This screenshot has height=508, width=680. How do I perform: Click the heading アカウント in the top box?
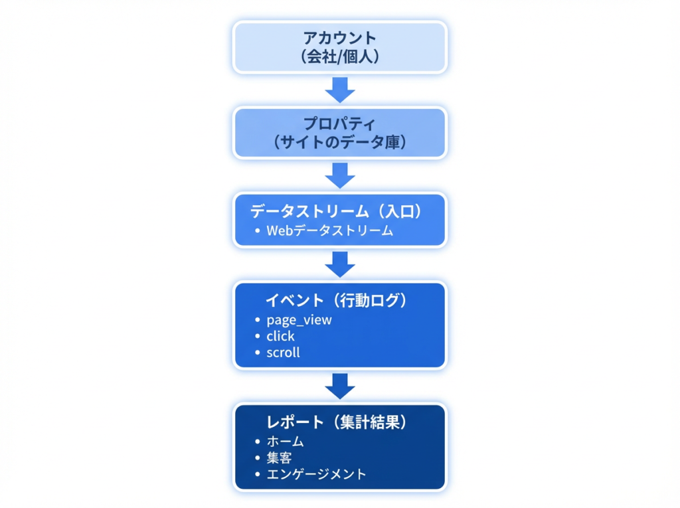pyautogui.click(x=339, y=39)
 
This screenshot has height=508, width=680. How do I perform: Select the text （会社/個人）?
pyautogui.click(x=339, y=57)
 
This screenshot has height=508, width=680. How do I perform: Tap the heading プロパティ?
pyautogui.click(x=339, y=124)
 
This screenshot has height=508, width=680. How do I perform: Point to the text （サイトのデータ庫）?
pyautogui.click(x=339, y=142)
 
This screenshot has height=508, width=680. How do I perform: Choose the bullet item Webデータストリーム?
pyautogui.click(x=330, y=231)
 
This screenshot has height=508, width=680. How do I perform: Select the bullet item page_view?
pyautogui.click(x=299, y=320)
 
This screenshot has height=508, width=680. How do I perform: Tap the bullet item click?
pyautogui.click(x=280, y=336)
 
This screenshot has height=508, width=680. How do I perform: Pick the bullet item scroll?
pyautogui.click(x=283, y=353)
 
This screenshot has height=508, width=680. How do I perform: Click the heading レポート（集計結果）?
pyautogui.click(x=336, y=422)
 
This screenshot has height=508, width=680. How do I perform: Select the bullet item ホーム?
pyautogui.click(x=285, y=442)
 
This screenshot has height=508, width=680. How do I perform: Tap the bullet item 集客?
pyautogui.click(x=279, y=458)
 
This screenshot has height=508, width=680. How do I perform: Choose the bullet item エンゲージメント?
pyautogui.click(x=316, y=474)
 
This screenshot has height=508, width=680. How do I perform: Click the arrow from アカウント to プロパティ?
pyautogui.click(x=340, y=89)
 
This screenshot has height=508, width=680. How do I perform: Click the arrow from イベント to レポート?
pyautogui.click(x=340, y=385)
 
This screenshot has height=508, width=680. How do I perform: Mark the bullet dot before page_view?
pyautogui.click(x=258, y=320)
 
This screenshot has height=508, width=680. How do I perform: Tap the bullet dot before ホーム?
pyautogui.click(x=258, y=442)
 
